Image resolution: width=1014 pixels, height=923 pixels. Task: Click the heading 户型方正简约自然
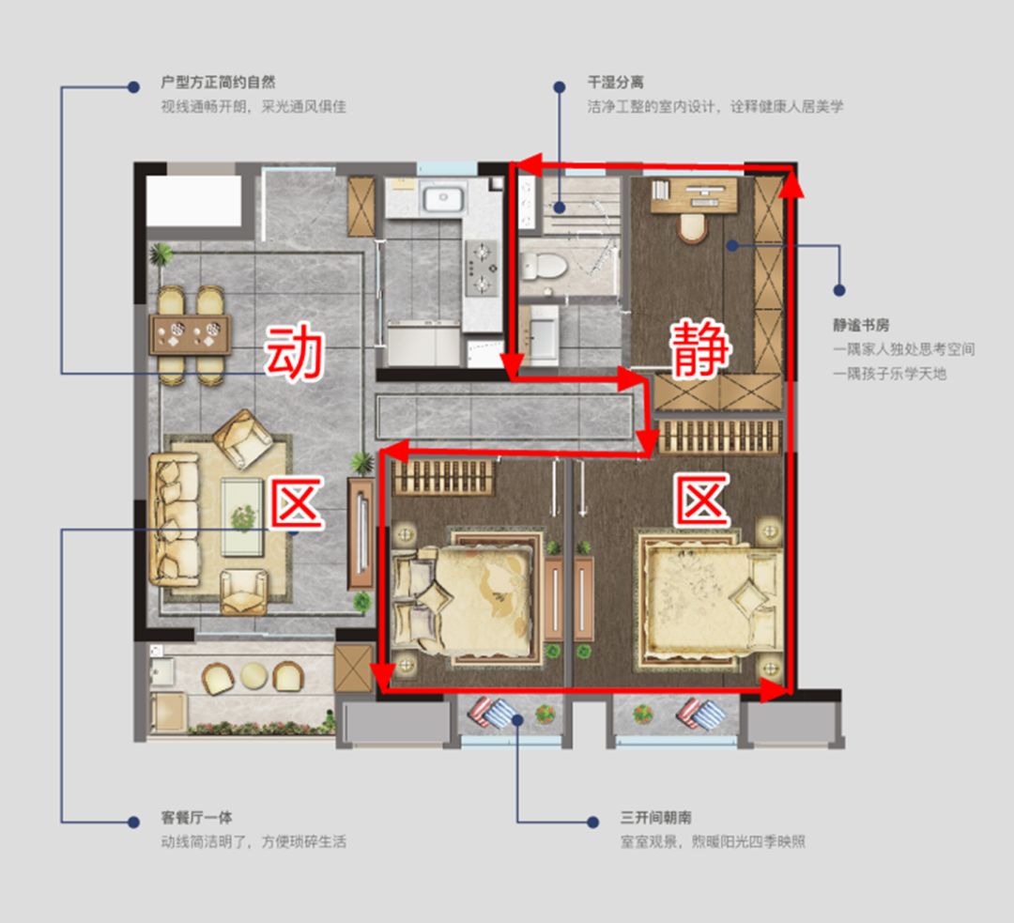[218, 82]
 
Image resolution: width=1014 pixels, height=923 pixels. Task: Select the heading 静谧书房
[861, 325]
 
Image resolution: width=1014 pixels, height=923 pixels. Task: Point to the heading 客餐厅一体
[196, 818]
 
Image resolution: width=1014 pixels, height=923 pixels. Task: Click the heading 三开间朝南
[655, 818]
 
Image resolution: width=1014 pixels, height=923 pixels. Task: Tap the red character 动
[294, 351]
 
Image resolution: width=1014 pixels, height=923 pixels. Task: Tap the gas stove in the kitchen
[481, 268]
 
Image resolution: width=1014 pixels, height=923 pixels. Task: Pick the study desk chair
[693, 227]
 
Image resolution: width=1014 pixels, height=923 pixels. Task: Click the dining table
[190, 334]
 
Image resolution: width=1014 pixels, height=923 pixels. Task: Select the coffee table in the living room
[242, 516]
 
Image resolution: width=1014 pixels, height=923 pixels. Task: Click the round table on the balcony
[253, 676]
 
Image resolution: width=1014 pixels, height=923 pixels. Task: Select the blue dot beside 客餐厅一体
[133, 823]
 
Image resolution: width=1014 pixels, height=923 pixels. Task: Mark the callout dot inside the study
[731, 246]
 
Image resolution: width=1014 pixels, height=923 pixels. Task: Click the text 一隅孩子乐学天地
[890, 373]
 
